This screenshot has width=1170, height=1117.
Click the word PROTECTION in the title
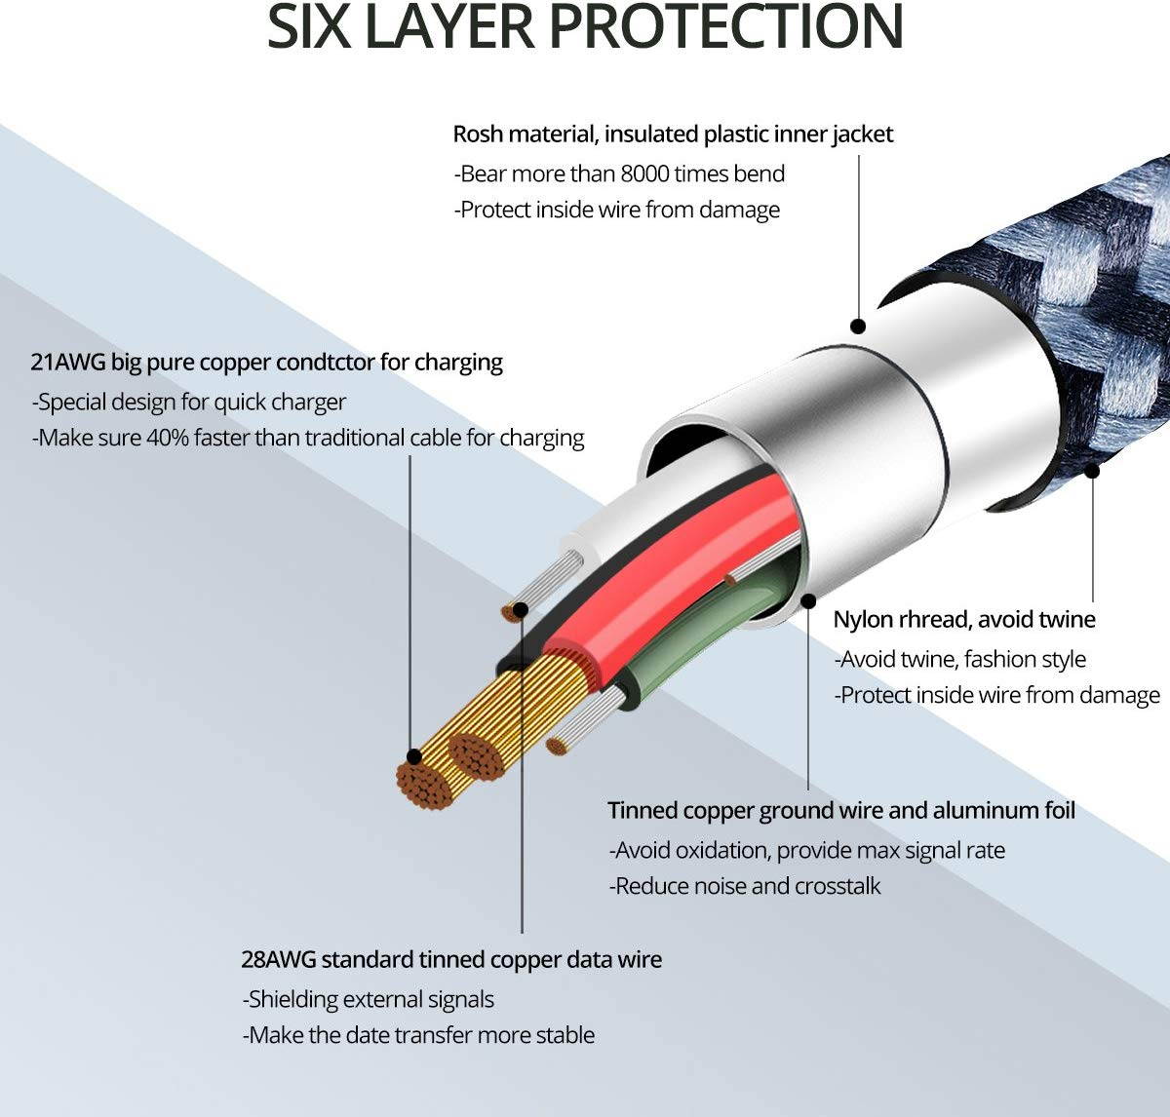tap(725, 26)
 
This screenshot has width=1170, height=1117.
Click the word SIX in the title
tap(308, 26)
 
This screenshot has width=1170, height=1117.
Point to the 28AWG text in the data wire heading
tap(279, 959)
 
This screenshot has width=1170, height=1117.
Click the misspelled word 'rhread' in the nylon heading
tap(929, 619)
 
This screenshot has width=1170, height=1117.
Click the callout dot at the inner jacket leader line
tap(859, 327)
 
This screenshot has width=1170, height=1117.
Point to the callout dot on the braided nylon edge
tap(1092, 471)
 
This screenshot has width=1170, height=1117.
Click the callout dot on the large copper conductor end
tap(413, 756)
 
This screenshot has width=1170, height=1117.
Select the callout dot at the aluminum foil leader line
tap(808, 601)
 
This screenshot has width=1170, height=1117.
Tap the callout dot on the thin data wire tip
tap(522, 611)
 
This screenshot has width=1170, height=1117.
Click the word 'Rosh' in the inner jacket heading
tap(478, 135)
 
